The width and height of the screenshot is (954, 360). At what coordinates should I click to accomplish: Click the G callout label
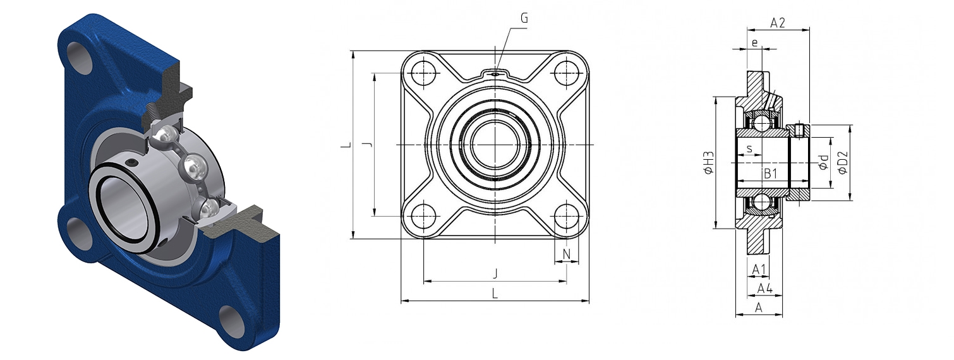(x=524, y=18)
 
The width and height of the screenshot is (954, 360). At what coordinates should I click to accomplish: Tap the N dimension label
(x=567, y=254)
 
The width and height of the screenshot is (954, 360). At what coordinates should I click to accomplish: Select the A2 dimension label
(x=777, y=23)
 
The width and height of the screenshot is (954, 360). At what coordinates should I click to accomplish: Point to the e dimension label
(x=755, y=42)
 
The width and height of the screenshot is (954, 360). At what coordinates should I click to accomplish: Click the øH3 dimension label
(x=708, y=163)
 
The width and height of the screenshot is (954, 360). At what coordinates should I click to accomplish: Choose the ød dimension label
(x=824, y=162)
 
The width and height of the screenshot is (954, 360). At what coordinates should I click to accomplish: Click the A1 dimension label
(x=759, y=269)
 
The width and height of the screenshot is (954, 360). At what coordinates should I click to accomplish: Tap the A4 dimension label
(x=765, y=289)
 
